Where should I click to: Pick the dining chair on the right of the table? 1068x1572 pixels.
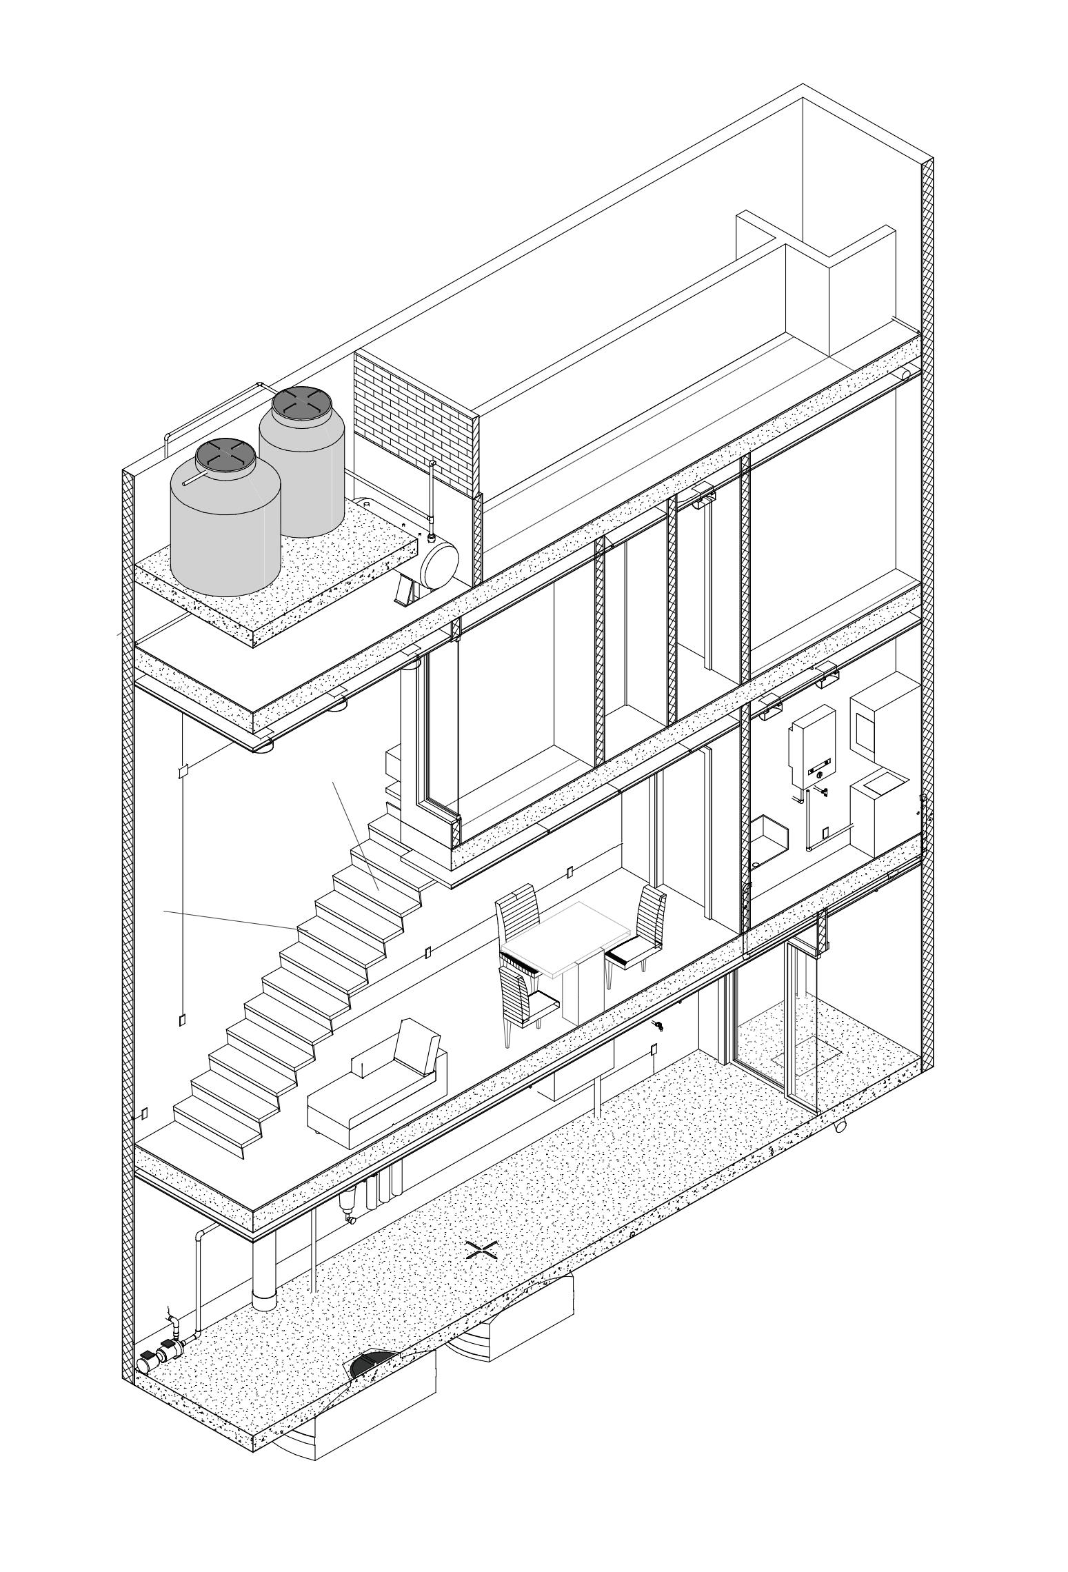click(x=641, y=931)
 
